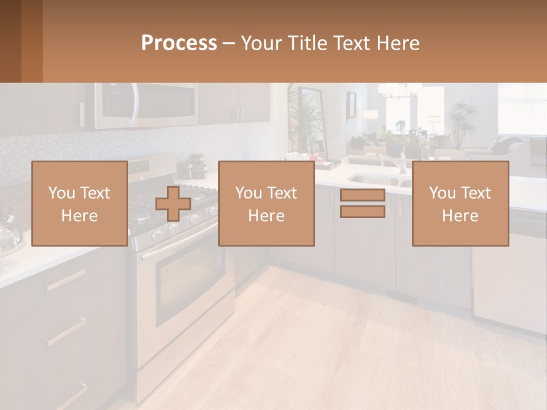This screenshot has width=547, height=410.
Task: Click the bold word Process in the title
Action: pos(179,43)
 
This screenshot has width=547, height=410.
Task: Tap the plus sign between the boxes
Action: pos(173,203)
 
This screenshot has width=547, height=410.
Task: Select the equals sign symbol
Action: pos(362,203)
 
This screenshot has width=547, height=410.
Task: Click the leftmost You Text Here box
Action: pos(79,203)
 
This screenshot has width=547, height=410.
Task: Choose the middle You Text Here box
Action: pos(266,203)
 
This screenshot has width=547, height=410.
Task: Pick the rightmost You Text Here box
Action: pos(460,203)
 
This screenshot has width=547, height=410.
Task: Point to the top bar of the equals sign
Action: pos(362,195)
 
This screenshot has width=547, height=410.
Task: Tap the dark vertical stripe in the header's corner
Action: pos(32,41)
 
